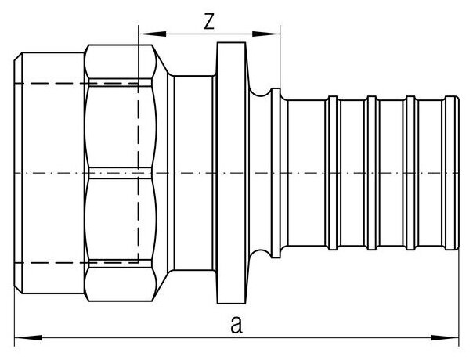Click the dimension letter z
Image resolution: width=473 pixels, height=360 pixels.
point(208,22)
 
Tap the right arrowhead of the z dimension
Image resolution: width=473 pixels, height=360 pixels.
point(275,34)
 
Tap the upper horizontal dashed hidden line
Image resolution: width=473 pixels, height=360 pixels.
point(78,81)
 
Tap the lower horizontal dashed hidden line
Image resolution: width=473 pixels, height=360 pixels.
point(78,259)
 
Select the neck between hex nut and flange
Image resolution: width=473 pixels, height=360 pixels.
point(191,170)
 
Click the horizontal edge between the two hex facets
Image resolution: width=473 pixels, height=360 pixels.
point(117,170)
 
